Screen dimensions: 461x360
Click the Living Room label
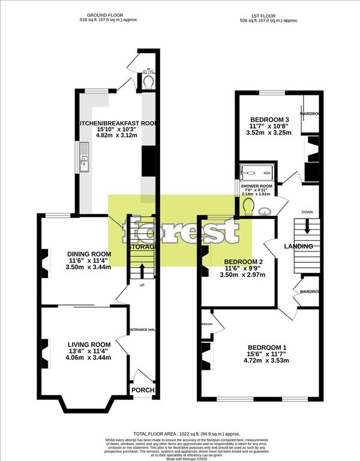(88, 343)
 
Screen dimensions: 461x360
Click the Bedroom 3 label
(269, 120)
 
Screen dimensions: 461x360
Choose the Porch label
(143, 390)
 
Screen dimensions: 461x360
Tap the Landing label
(298, 246)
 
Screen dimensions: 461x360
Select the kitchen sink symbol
(85, 158)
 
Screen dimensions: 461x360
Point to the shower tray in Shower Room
(258, 172)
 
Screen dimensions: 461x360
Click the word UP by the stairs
(142, 285)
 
